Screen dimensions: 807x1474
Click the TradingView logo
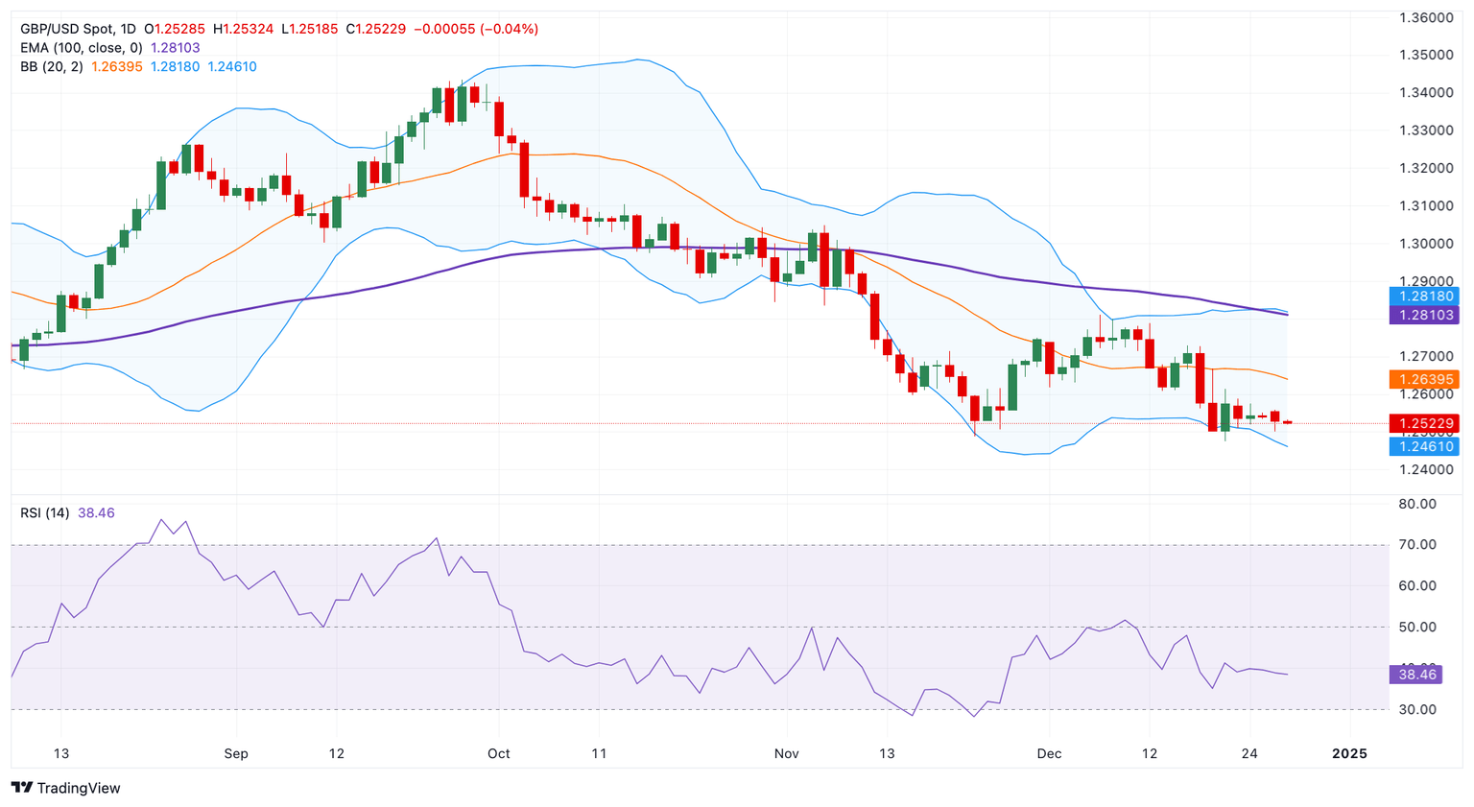(x=65, y=788)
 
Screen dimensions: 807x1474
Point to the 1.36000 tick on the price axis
(x=1425, y=17)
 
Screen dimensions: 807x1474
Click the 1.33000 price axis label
(x=1425, y=131)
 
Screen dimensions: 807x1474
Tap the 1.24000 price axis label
(x=1425, y=470)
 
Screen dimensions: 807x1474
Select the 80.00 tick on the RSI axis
(x=1417, y=504)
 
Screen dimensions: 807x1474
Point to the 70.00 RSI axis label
(x=1417, y=545)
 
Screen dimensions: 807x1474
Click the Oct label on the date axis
(x=499, y=753)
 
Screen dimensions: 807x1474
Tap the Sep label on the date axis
(x=236, y=753)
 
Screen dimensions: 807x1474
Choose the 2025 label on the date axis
(x=1349, y=753)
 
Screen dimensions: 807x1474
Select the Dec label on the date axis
(x=1049, y=753)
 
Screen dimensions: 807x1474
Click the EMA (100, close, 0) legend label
(x=82, y=48)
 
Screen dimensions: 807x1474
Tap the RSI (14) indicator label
(x=44, y=513)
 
